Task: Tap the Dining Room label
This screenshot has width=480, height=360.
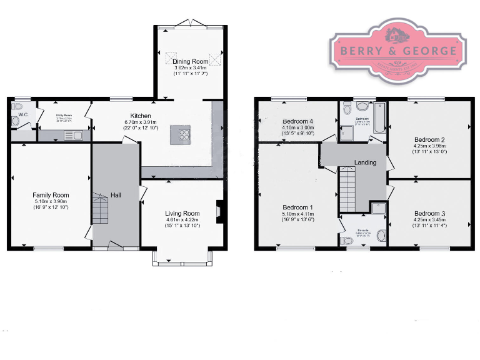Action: click(190, 61)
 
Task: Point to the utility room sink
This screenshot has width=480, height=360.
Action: click(69, 134)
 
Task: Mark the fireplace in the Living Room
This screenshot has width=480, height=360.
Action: click(218, 211)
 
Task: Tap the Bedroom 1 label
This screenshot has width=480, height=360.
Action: click(297, 207)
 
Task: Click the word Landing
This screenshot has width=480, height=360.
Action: click(365, 163)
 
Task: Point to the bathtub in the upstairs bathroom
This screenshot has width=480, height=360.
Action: click(379, 117)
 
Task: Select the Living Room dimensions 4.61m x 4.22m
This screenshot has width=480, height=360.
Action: click(182, 220)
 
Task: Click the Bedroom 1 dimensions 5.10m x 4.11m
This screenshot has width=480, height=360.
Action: click(297, 214)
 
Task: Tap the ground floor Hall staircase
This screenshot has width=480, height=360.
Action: click(100, 209)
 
